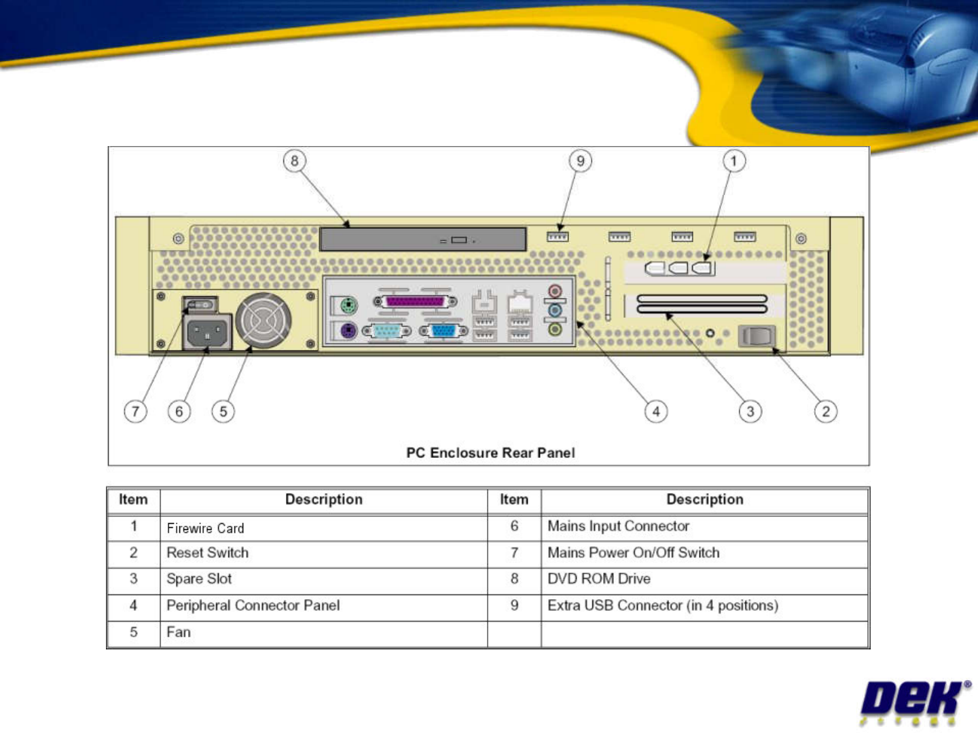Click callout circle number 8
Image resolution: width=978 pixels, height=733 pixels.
pyautogui.click(x=295, y=161)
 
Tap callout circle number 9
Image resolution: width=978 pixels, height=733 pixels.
pyautogui.click(x=580, y=161)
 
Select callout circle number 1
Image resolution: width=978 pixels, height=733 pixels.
pyautogui.click(x=733, y=161)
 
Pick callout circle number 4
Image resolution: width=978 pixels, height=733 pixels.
pyautogui.click(x=656, y=411)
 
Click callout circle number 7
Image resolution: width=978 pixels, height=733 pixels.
pyautogui.click(x=135, y=411)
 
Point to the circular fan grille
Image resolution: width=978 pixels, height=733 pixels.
pyautogui.click(x=264, y=321)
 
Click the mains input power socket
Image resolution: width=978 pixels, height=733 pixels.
pyautogui.click(x=207, y=332)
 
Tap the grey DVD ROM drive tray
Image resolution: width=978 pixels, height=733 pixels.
pyautogui.click(x=423, y=240)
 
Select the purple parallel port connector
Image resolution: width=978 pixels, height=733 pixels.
pyautogui.click(x=415, y=302)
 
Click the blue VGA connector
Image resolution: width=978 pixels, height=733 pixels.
pyautogui.click(x=443, y=331)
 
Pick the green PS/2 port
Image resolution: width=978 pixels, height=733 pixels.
pyautogui.click(x=348, y=306)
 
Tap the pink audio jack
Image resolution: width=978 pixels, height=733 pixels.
pyautogui.click(x=555, y=291)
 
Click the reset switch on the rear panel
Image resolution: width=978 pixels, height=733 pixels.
pyautogui.click(x=757, y=336)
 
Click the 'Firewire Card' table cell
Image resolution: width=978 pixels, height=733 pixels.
pyautogui.click(x=324, y=529)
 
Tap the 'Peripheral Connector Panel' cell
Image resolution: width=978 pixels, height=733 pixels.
pyautogui.click(x=324, y=606)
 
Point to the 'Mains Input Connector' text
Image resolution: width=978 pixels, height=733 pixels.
pyautogui.click(x=618, y=526)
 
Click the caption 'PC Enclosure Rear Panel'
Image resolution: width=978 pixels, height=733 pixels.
pyautogui.click(x=490, y=452)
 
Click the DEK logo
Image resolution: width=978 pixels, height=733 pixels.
pyautogui.click(x=915, y=702)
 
